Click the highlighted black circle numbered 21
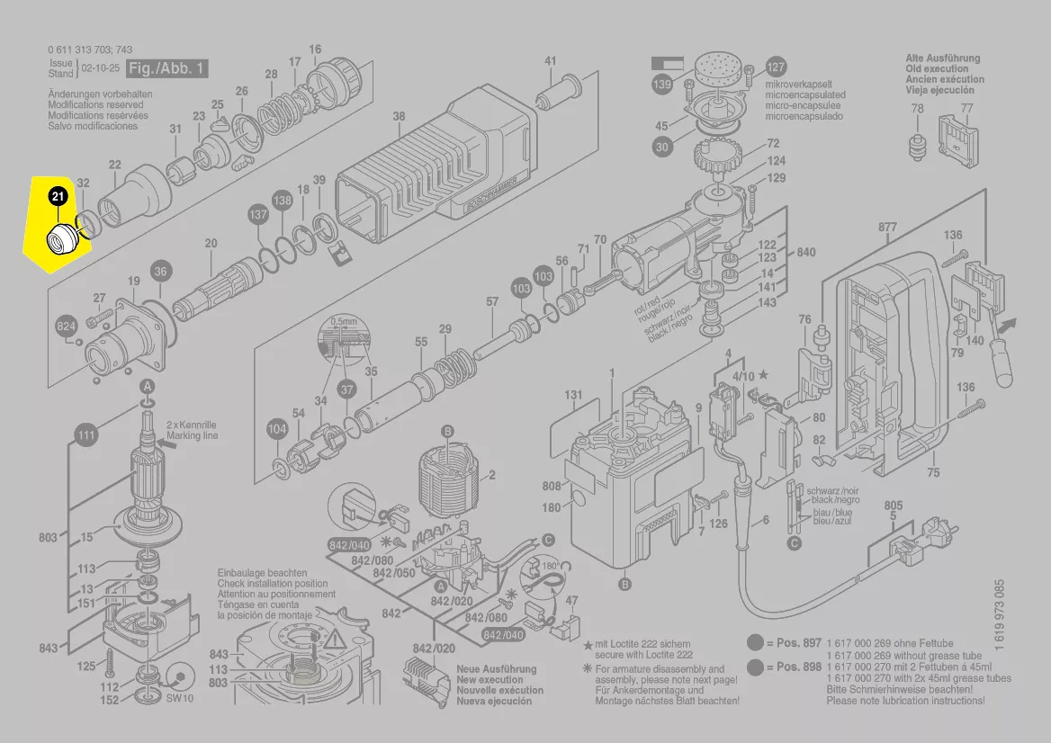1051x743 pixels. point(58,195)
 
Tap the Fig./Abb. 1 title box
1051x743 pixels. point(167,68)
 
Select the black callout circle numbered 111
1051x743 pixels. point(85,436)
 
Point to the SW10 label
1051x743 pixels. point(180,698)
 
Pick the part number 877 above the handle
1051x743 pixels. point(887,228)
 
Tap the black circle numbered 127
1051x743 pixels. point(776,67)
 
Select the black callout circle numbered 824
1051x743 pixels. point(67,327)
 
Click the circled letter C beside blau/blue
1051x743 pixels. point(794,543)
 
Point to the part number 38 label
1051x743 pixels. point(399,116)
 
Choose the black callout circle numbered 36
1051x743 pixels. point(159,271)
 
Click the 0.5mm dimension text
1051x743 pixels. point(343,321)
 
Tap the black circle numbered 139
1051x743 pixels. point(662,85)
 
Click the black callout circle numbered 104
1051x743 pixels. point(277,430)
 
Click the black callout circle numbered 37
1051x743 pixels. point(347,389)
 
